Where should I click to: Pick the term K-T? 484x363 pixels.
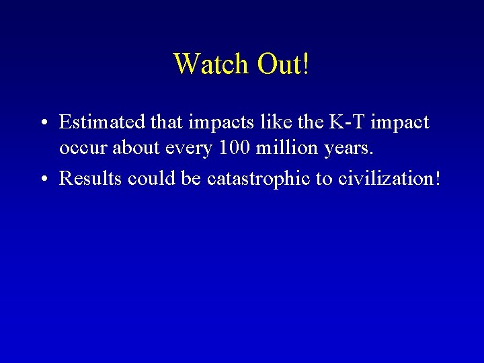click(348, 122)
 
